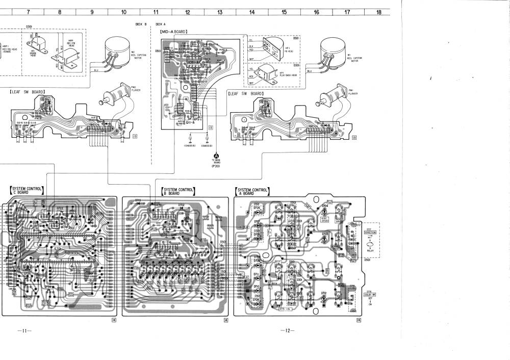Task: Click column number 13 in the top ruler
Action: coord(220,12)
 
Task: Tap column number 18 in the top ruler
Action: coord(378,12)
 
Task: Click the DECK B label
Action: coord(141,24)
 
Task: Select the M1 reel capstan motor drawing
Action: coord(333,54)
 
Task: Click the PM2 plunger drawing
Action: coord(116,95)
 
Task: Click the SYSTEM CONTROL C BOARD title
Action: coord(26,191)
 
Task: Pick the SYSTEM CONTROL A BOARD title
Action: coord(252,192)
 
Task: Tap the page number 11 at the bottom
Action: coord(24,330)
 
